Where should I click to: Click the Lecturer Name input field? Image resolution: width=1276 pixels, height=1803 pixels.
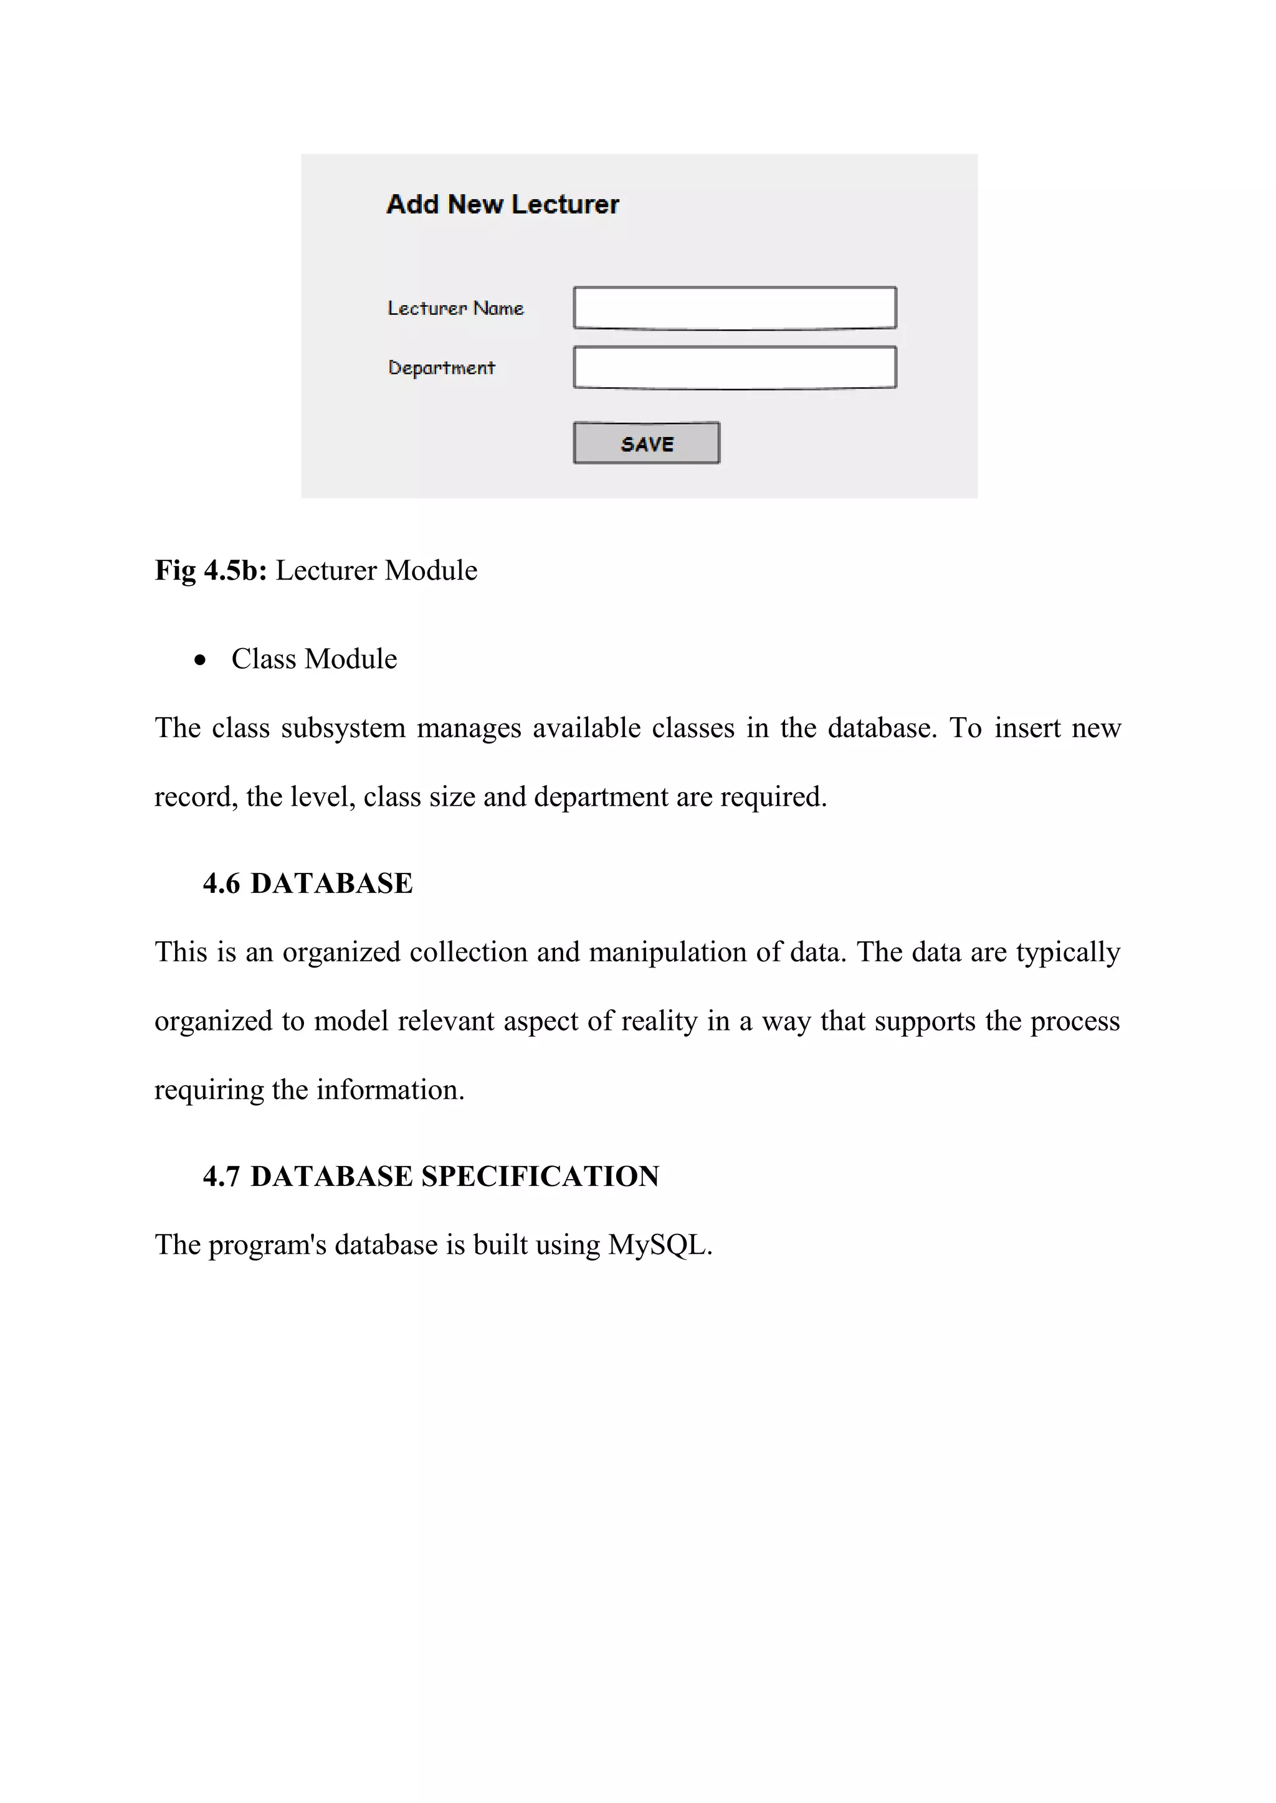[x=735, y=308]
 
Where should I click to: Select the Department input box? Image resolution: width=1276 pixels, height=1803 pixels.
[x=735, y=367]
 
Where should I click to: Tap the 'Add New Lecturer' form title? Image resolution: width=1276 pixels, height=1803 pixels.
[x=503, y=204]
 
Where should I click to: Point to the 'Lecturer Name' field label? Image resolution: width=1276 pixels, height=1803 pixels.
[x=455, y=308]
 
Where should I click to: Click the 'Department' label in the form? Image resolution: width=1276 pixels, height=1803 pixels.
[x=442, y=367]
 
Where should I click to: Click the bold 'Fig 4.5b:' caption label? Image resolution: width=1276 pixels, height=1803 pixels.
[x=211, y=570]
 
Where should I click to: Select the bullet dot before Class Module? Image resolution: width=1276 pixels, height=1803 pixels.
[x=201, y=661]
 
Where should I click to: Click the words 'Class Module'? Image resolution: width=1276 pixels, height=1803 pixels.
[x=314, y=659]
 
